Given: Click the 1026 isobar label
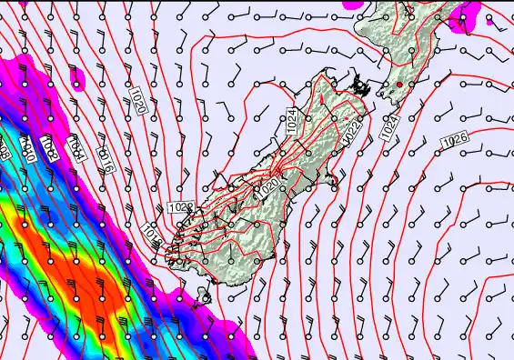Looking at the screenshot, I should [455, 142].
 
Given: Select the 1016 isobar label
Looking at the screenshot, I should [106, 159].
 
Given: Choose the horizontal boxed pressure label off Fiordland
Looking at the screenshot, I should [181, 208].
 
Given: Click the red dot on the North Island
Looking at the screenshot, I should [398, 85].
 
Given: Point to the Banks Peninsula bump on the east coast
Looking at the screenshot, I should [337, 190].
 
